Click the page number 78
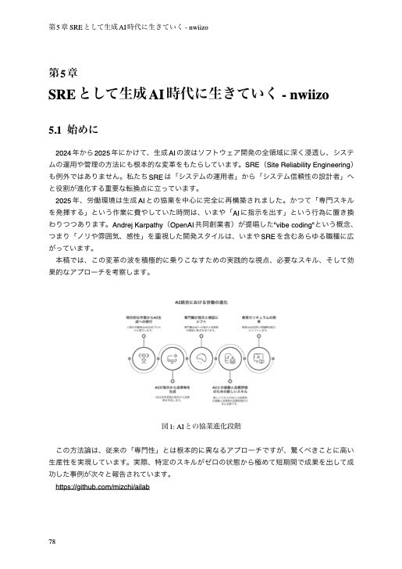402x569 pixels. [x=52, y=541]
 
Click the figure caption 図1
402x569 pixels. [x=201, y=427]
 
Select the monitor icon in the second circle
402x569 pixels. [x=173, y=359]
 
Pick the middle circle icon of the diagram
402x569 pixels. [x=201, y=359]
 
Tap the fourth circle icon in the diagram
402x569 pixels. [x=229, y=359]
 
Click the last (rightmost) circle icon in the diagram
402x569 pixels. [x=258, y=359]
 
